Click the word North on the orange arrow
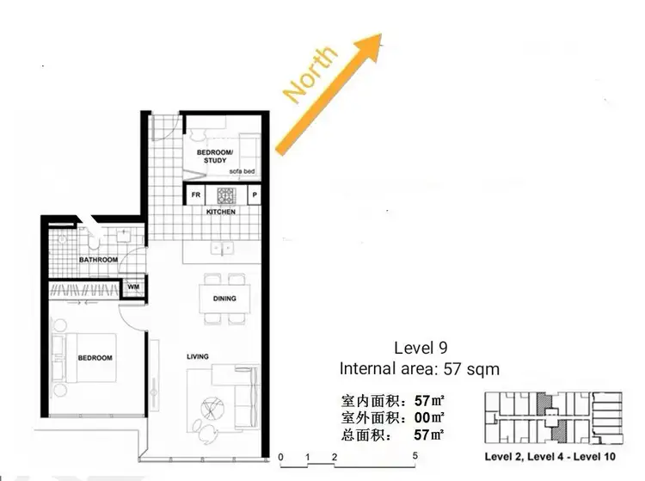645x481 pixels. tap(310, 75)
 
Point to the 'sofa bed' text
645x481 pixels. tap(242, 171)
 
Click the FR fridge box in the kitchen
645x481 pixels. tap(195, 194)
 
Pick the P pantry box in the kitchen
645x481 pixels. tap(255, 194)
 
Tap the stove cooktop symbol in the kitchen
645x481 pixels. tap(225, 194)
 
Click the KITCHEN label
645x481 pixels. tap(221, 211)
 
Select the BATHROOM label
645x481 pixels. tap(99, 259)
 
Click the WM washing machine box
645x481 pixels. tap(133, 287)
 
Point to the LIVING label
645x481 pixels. tap(199, 356)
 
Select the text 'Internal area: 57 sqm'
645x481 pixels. tap(419, 369)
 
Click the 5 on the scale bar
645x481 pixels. tap(415, 456)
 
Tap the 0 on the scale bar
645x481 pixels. tap(281, 456)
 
